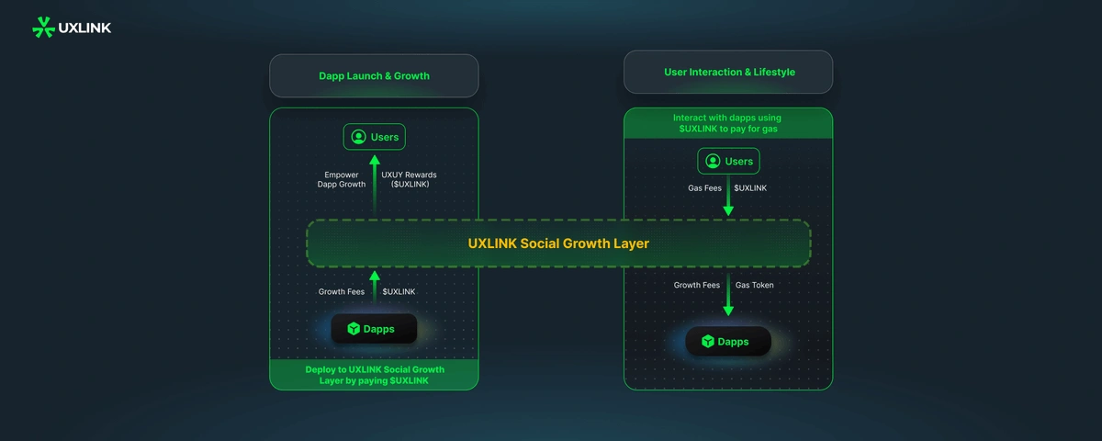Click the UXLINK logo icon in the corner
coord(43,28)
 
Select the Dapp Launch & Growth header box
coord(374,75)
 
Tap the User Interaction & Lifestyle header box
coord(728,72)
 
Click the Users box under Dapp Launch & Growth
coord(375,137)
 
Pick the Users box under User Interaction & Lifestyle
coord(728,161)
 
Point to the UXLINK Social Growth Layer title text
coord(558,243)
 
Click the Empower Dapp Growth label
coord(342,180)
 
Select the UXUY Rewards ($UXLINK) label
coord(409,180)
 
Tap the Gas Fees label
coord(704,188)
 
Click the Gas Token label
coord(754,285)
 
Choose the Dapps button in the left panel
coord(374,329)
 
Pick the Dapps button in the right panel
coord(728,342)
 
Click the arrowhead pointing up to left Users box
coord(375,160)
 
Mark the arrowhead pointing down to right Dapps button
coord(728,311)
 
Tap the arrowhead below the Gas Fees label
coord(728,210)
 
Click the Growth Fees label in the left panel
coord(342,292)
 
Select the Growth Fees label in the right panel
coord(697,285)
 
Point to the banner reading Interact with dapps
coord(728,123)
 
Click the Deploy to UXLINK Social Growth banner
coord(374,375)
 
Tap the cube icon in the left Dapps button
coord(354,329)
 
